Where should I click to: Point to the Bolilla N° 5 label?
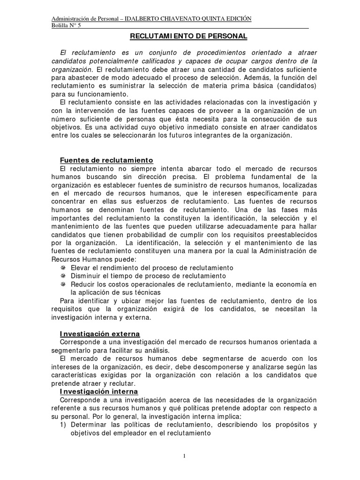point(66,25)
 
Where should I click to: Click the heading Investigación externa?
point(99,334)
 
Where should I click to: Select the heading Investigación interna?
point(98,391)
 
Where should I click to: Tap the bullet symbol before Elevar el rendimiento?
point(63,268)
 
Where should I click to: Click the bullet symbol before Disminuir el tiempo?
point(63,276)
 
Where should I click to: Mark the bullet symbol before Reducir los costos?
point(63,285)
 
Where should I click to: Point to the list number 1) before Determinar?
point(64,425)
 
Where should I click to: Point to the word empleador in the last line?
point(124,433)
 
